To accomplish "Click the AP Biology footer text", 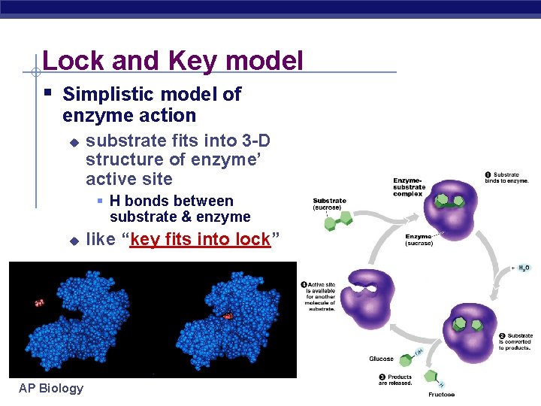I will (51, 388).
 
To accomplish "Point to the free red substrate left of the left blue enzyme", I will (39, 303).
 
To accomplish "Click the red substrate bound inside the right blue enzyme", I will (227, 317).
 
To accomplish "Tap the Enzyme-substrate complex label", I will (409, 187).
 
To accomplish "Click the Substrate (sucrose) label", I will (329, 204).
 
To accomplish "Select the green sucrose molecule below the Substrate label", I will (338, 221).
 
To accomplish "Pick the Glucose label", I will (381, 359).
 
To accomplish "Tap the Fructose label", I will (441, 394).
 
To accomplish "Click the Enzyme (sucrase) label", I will (419, 239).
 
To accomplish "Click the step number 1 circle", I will (488, 175).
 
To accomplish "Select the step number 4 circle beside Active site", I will (304, 285).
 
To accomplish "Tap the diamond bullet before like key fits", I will (74, 241).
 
